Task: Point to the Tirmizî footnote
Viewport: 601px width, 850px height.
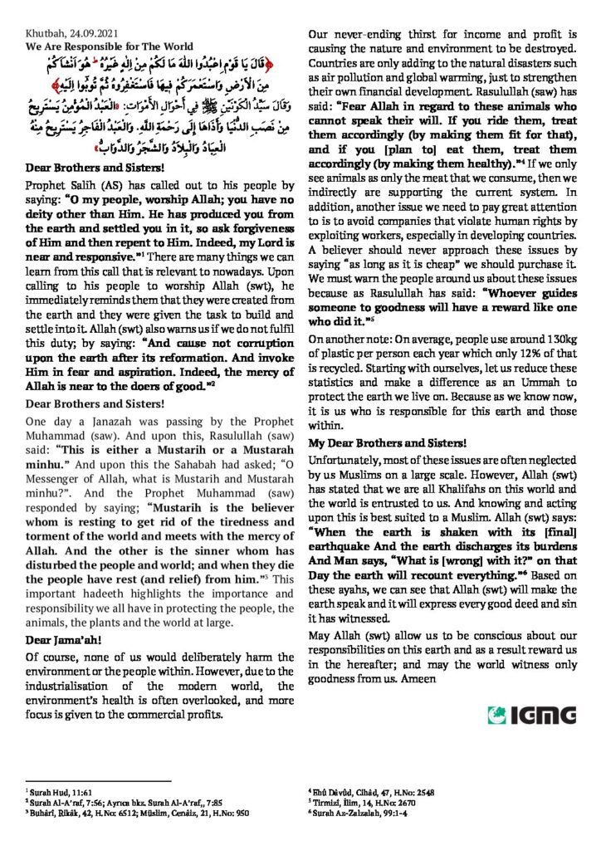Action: point(357,803)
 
